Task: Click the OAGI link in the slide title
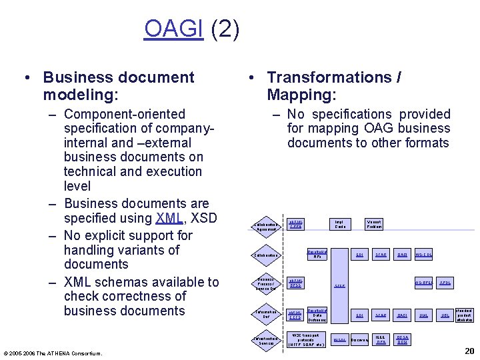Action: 173,29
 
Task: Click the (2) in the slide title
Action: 224,29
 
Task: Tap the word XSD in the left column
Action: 201,218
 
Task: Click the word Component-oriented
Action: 125,114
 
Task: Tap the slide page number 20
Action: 468,351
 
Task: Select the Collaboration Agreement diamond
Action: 265,227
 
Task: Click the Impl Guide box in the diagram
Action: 340,225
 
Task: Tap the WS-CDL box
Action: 424,255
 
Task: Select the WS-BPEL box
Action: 424,283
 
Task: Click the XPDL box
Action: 445,283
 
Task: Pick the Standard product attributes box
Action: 464,315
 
